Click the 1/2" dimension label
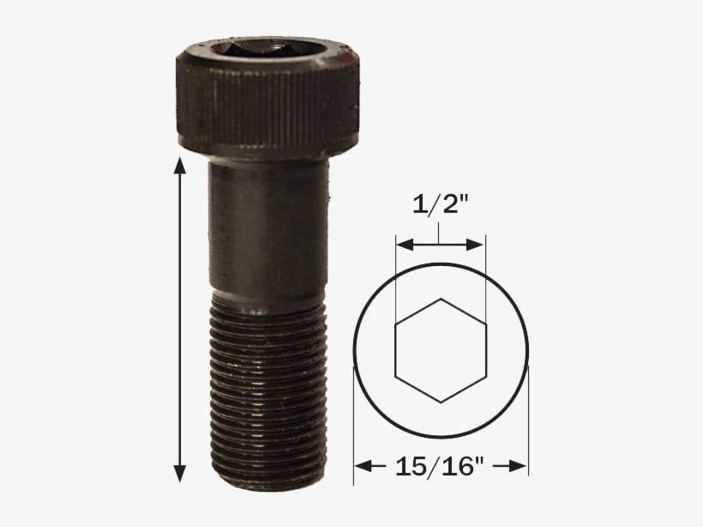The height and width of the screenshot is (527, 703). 440,206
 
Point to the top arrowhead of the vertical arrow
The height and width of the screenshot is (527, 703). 179,165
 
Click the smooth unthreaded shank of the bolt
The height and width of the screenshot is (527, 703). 267,227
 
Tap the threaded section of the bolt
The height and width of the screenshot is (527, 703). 267,386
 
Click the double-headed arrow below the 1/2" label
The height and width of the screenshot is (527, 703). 440,245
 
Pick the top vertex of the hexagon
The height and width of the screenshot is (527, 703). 441,299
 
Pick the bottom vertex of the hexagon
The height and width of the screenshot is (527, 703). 441,403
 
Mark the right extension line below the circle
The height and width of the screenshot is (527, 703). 528,429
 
